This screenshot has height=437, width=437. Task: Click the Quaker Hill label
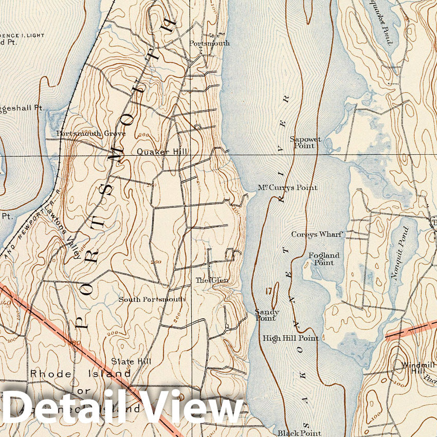[162, 152]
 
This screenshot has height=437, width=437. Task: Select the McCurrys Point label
[287, 188]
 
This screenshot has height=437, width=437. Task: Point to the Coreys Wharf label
[317, 234]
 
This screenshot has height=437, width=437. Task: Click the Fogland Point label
[324, 259]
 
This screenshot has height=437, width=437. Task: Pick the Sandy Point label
[267, 315]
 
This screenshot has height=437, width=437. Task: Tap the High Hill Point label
[290, 338]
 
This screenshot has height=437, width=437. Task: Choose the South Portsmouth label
[152, 299]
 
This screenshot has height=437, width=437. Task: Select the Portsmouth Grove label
[91, 134]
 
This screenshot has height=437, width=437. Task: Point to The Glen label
[211, 280]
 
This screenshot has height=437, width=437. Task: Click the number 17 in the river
[268, 292]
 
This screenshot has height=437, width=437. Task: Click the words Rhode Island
[80, 373]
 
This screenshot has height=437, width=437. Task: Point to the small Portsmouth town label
[209, 43]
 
